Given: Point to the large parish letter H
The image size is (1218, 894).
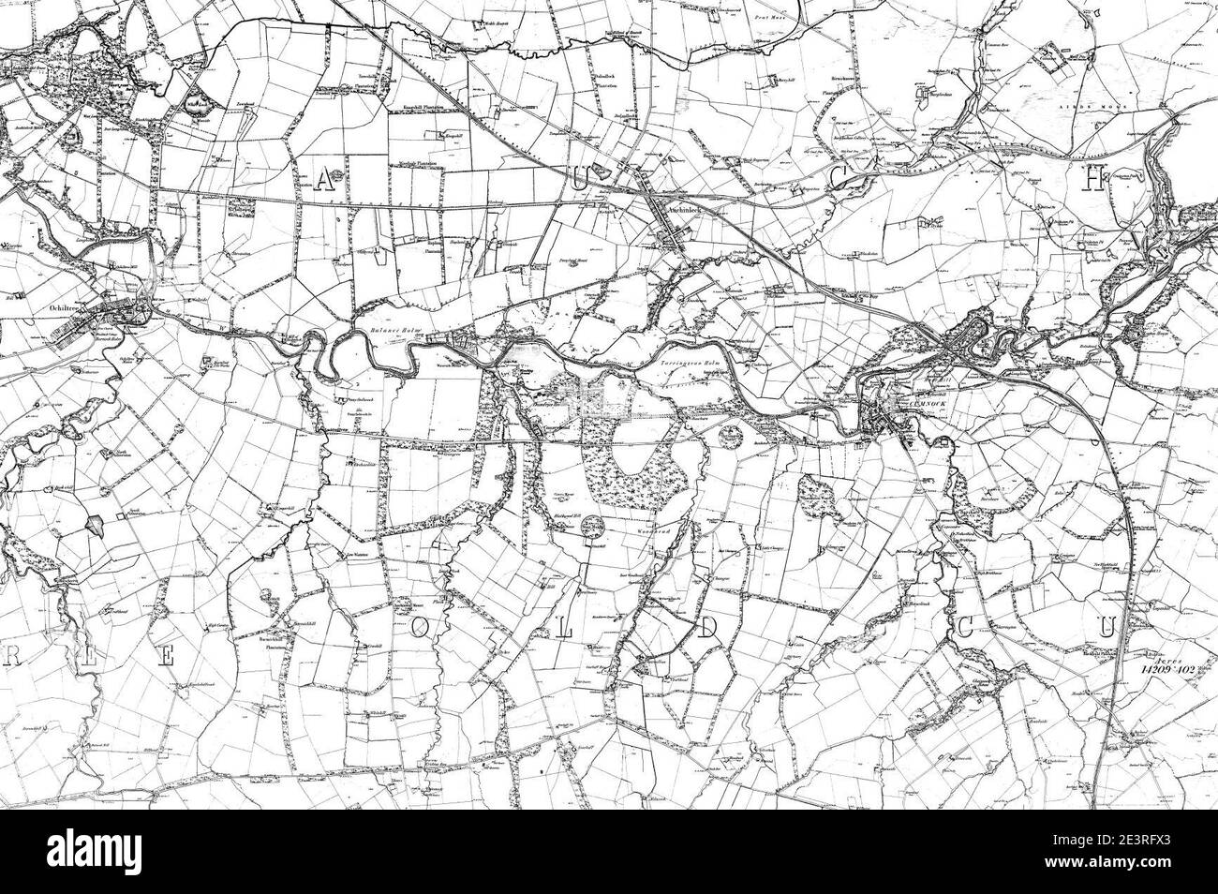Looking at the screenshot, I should pyautogui.click(x=1092, y=182).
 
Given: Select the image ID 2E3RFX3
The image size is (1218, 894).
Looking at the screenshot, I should pyautogui.click(x=1145, y=842).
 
